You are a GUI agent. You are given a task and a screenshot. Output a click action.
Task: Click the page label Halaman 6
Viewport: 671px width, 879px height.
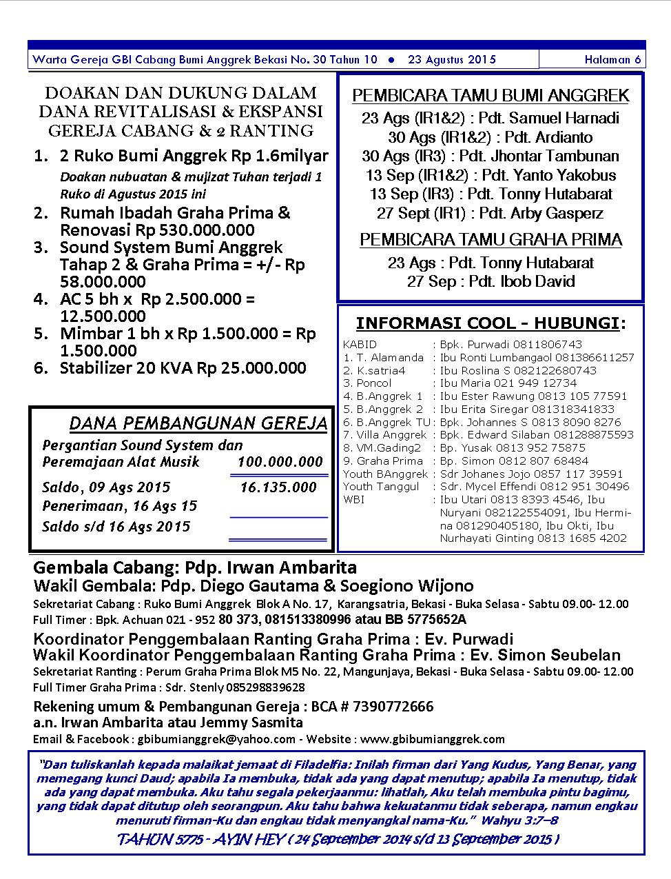click(612, 59)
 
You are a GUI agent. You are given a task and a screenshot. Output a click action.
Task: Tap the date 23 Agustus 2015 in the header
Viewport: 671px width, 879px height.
click(451, 59)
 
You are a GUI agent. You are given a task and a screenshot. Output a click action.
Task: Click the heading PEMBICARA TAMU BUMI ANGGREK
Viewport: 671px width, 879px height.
click(491, 96)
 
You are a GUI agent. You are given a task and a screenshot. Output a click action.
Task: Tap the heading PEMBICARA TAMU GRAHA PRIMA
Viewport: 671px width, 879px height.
click(491, 240)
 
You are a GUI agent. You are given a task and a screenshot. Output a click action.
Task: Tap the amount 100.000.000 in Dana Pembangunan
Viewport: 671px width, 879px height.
click(280, 462)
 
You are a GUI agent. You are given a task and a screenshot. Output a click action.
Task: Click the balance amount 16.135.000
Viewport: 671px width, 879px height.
click(278, 487)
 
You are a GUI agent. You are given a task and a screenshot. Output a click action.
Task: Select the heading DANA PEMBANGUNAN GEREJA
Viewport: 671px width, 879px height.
click(198, 423)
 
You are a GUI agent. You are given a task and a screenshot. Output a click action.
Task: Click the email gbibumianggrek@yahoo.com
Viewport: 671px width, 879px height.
click(217, 739)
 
